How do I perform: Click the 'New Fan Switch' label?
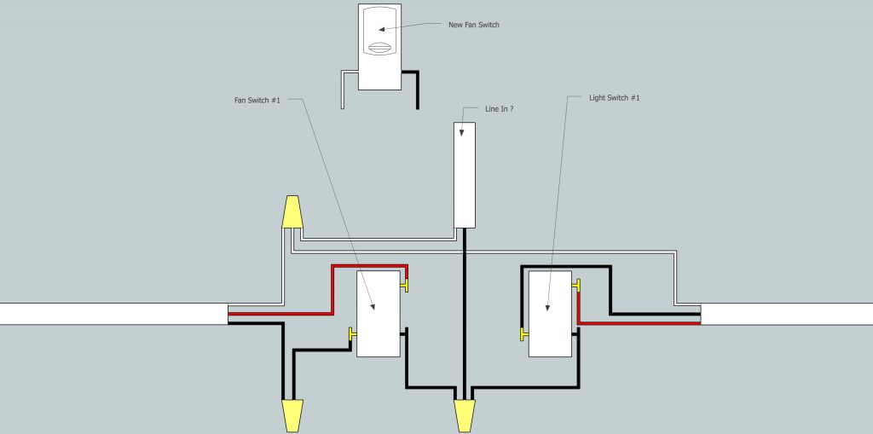pos(474,25)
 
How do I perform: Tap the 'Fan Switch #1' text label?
pos(257,101)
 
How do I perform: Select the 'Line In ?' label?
pos(500,109)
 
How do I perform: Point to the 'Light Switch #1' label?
pos(615,98)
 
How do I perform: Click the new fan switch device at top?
pos(379,47)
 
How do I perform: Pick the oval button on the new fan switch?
pos(379,48)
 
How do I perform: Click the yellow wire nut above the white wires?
pos(292,211)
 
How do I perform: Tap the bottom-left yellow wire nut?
pos(292,415)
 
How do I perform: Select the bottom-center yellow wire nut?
pos(465,415)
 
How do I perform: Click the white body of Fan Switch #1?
pos(379,314)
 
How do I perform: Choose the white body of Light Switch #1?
pos(550,314)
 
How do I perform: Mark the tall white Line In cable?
pos(465,175)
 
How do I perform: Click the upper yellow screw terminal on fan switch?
pos(404,286)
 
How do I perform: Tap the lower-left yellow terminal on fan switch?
pos(352,333)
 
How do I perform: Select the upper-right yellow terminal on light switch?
pos(576,286)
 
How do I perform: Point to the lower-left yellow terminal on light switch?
pos(524,333)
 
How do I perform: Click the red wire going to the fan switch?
pos(332,290)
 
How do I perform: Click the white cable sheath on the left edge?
pos(113,314)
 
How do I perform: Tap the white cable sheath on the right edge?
pos(787,315)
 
